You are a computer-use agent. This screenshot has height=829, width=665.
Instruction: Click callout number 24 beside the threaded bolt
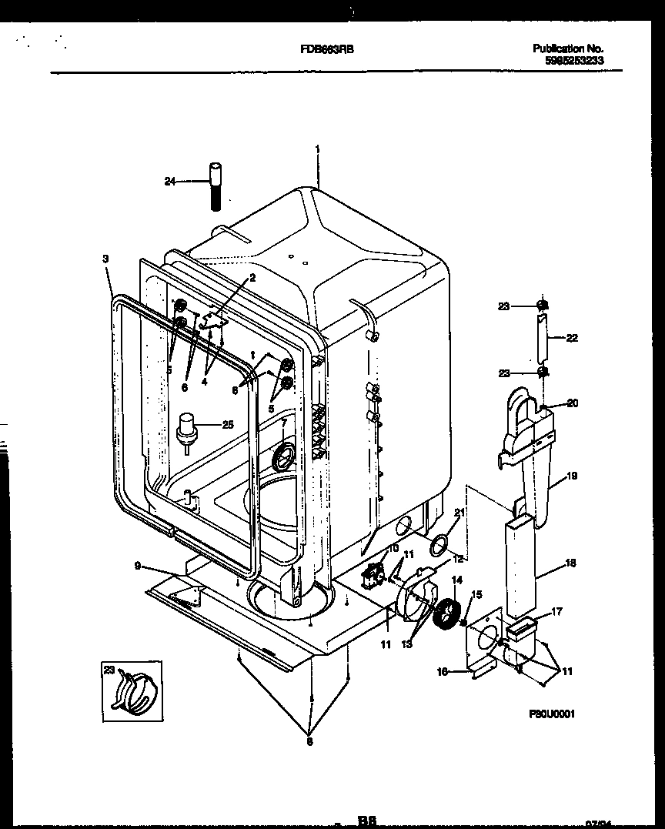170,182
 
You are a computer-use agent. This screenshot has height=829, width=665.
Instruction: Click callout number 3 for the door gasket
105,259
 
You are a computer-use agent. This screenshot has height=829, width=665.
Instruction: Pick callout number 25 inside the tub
226,423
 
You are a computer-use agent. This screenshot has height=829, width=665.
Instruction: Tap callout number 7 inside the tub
282,423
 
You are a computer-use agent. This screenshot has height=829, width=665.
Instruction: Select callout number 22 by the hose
572,337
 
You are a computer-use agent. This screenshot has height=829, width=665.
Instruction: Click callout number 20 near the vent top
572,403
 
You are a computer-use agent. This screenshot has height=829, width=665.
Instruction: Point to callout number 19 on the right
572,476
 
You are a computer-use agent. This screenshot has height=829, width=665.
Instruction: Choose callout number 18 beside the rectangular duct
570,563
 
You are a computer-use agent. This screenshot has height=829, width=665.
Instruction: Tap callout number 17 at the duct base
556,612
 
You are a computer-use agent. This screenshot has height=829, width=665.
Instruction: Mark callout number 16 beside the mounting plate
442,671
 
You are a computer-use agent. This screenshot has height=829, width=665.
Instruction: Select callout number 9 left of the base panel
137,566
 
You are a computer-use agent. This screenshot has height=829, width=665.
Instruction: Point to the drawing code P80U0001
552,714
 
